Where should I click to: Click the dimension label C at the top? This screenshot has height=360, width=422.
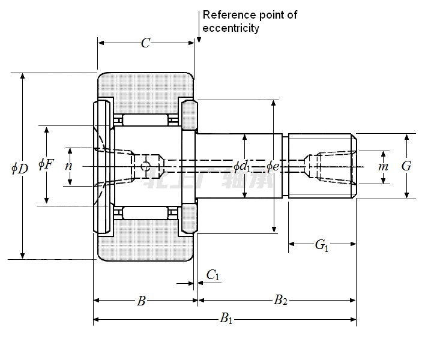coord(145,43)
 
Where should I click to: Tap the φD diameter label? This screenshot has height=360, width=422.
coord(20,168)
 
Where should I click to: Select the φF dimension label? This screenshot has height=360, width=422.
coord(46,164)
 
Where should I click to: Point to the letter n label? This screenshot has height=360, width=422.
coord(69,165)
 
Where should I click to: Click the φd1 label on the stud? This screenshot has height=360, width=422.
coord(243,166)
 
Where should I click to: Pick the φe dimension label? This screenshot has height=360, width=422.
coord(273,166)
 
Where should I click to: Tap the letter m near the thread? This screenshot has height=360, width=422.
coord(383,166)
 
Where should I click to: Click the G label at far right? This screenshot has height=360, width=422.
coord(406,166)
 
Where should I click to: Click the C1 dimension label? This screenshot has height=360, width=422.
coord(213,275)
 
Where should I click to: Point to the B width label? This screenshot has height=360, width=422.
coord(141,301)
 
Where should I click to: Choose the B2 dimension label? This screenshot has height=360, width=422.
coord(280,301)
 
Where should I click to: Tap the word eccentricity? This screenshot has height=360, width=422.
coord(231,28)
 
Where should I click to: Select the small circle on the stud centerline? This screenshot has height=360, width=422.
coord(145,166)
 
